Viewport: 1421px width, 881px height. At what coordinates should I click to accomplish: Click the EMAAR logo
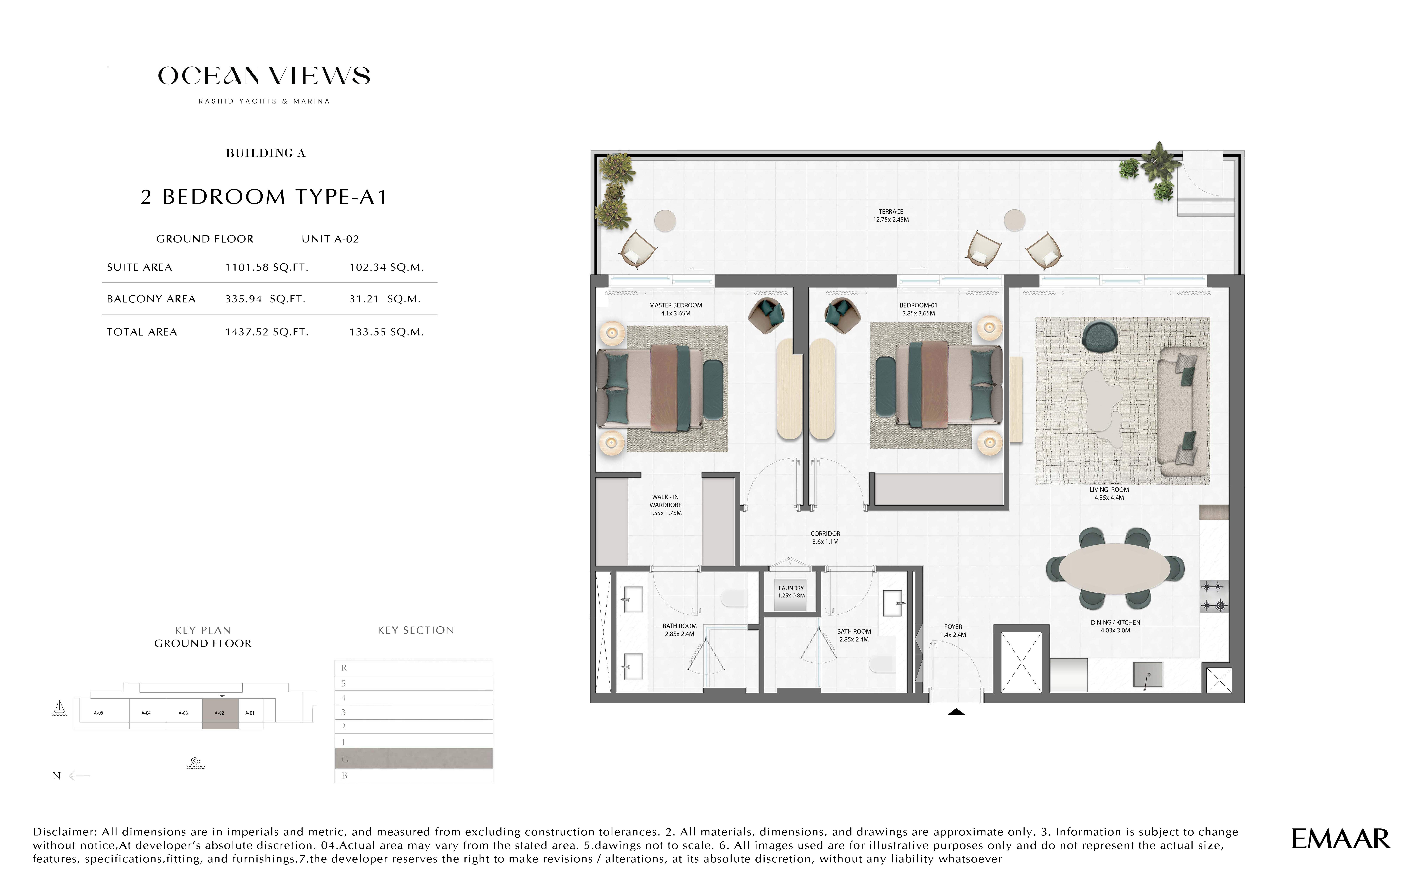tap(1340, 839)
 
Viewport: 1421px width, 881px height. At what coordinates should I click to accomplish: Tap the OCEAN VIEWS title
tap(264, 76)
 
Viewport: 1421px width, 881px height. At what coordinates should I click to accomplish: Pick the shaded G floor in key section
tap(414, 759)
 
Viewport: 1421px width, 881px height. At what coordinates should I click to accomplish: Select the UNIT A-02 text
tap(330, 239)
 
